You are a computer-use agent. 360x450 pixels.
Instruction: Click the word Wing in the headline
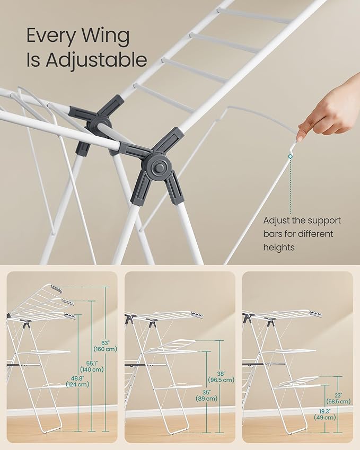tap(105, 36)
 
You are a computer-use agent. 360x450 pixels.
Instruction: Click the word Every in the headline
tap(51, 36)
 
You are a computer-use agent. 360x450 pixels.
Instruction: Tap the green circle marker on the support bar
tap(291, 156)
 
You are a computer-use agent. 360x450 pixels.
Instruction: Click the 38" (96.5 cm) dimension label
tap(222, 376)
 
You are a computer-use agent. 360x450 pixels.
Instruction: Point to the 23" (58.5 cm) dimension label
tap(338, 399)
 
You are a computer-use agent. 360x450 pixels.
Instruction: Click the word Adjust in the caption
tap(276, 220)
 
